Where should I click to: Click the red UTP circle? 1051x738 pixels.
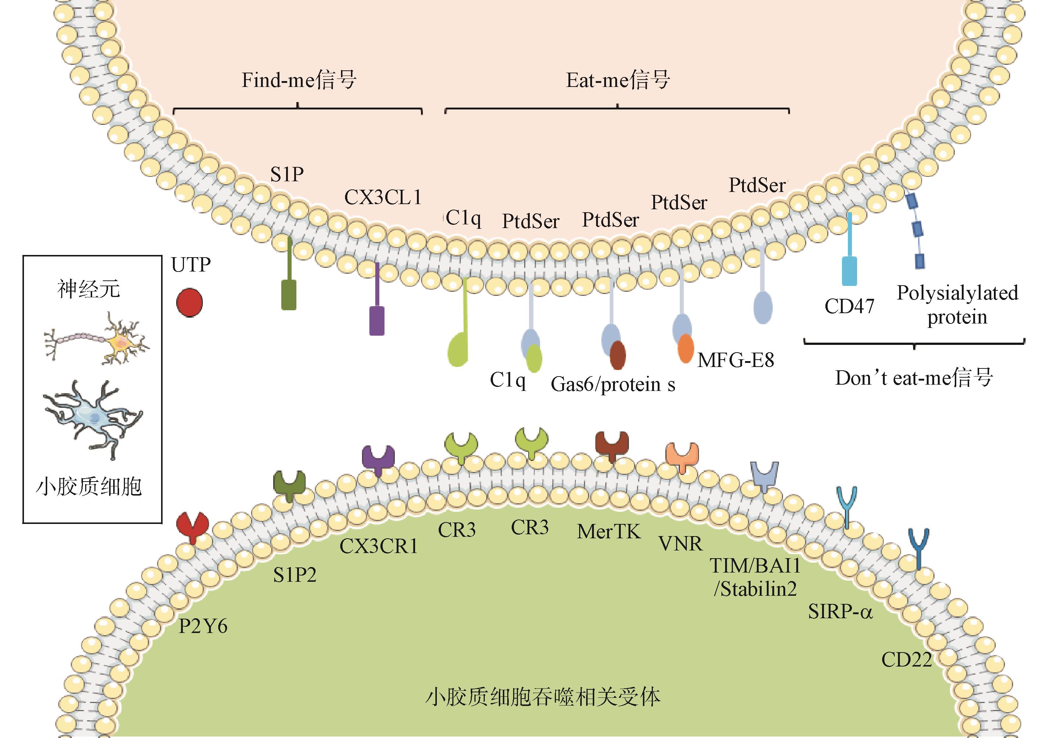[189, 302]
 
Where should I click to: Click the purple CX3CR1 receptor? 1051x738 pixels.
[378, 459]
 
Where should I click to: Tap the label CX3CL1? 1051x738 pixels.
[383, 197]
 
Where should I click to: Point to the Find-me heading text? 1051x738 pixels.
[299, 80]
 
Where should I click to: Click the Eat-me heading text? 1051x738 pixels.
[618, 80]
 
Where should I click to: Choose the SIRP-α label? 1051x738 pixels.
[841, 611]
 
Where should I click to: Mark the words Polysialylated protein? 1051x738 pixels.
[957, 305]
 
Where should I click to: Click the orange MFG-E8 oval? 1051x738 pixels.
[685, 349]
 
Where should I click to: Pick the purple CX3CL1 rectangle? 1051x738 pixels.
[377, 321]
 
